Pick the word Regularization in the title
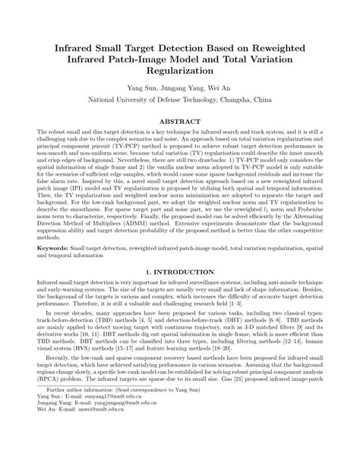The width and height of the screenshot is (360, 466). point(180,69)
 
